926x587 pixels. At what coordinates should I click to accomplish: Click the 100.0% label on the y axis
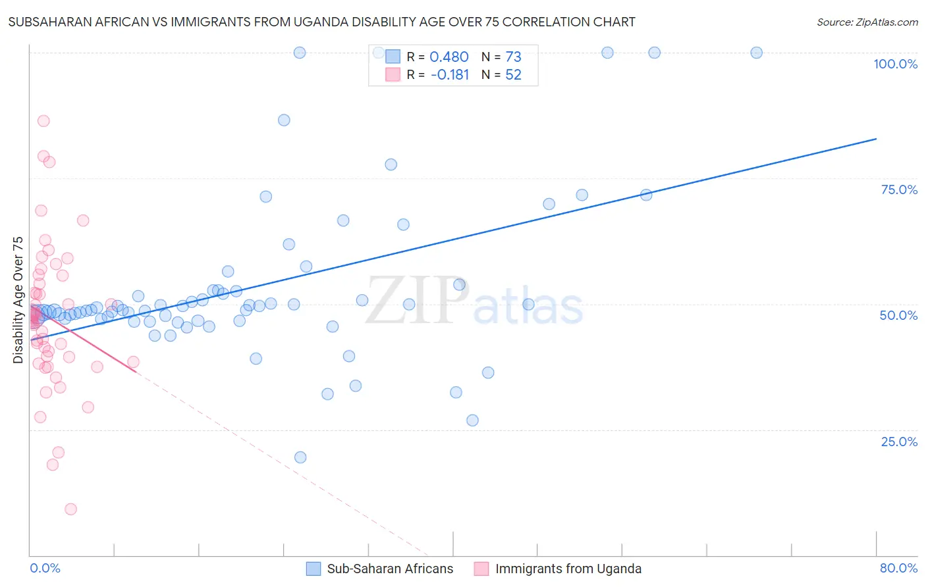point(895,64)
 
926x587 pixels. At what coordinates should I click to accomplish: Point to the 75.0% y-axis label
point(899,190)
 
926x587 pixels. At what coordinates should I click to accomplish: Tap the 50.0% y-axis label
point(898,315)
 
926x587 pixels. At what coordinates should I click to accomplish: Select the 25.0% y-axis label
point(899,442)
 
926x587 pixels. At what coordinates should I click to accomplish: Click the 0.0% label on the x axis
point(45,568)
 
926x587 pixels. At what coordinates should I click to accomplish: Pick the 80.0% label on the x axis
point(898,568)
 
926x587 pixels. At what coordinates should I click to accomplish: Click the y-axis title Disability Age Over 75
point(18,299)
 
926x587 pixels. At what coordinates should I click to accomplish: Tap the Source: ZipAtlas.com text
point(867,22)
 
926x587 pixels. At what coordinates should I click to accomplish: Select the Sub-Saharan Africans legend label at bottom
point(390,569)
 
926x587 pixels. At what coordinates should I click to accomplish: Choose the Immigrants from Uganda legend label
point(568,569)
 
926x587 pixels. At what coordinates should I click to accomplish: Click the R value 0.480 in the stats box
point(449,57)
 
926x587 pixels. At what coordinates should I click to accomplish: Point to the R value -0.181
point(449,75)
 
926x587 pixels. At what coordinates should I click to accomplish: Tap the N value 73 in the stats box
point(513,57)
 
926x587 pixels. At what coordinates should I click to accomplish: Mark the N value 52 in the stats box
point(513,75)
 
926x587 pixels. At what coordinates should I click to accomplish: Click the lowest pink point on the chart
point(70,509)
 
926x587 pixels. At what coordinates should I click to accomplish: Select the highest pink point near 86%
point(43,120)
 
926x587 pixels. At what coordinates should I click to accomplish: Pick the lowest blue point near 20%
point(300,457)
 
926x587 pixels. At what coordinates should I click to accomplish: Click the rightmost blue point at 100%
point(756,53)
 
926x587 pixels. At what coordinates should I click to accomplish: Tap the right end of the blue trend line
point(876,139)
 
